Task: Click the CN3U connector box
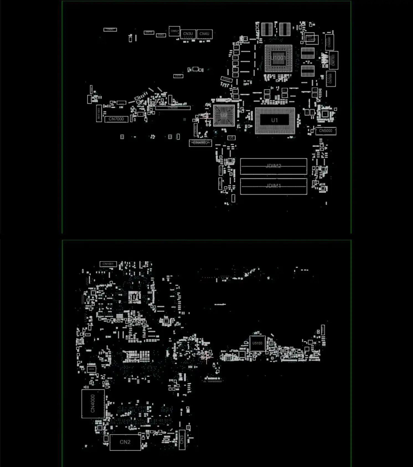coord(188,34)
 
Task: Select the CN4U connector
coord(205,34)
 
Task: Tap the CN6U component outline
coord(174,31)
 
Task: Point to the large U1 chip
coord(275,120)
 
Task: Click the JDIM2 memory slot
coord(273,166)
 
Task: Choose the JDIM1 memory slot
coord(273,186)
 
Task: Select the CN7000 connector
coord(116,119)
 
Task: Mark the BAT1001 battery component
coord(99,113)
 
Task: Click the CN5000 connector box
coord(326,131)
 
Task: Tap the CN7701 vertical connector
coord(334,60)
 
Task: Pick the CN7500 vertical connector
coord(331,79)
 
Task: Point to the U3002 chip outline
coord(312,40)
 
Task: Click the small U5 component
coord(231,137)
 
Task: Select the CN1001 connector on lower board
coord(108,264)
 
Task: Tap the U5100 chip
coord(257,343)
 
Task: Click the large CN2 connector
coord(125,442)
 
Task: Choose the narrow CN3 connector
coord(182,440)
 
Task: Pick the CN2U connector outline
coord(110,29)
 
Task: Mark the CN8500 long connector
coord(173,108)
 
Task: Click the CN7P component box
coord(178,76)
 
